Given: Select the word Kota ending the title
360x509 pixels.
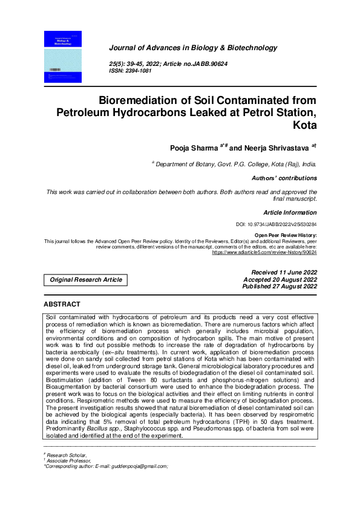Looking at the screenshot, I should pos(304,126).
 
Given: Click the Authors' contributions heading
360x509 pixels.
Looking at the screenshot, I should pos(284,178).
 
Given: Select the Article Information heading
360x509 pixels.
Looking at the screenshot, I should pos(290,212).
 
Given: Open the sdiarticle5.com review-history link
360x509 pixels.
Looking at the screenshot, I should pos(264,252).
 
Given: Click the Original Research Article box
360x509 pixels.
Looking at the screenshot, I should pos(86,280).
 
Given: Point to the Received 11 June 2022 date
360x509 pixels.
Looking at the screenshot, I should pos(284,273).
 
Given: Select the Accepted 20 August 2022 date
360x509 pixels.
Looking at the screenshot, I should pos(280,280).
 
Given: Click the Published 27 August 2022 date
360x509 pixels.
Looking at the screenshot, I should pos(279,287).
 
